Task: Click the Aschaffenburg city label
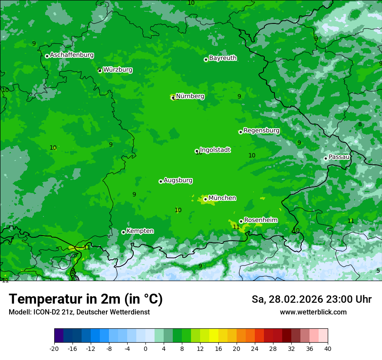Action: pos(72,55)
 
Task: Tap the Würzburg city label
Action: pos(118,70)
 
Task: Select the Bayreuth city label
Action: pos(223,58)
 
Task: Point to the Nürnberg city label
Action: pos(190,96)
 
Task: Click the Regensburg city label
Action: pos(261,131)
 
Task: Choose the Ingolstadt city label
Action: pos(215,150)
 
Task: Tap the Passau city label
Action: pos(339,157)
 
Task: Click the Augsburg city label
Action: pos(178,180)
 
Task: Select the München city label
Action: pos(222,198)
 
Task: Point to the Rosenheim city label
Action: pos(260,220)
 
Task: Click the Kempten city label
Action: pos(140,231)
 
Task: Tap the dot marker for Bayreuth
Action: pos(206,60)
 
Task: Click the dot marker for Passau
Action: pos(326,158)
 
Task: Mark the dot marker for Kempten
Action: pos(123,232)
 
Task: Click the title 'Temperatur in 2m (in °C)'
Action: pos(86,299)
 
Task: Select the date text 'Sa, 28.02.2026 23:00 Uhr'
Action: pos(311,300)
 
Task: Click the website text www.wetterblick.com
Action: pos(313,312)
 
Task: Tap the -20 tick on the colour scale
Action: pos(54,348)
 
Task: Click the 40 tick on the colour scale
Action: pos(327,348)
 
